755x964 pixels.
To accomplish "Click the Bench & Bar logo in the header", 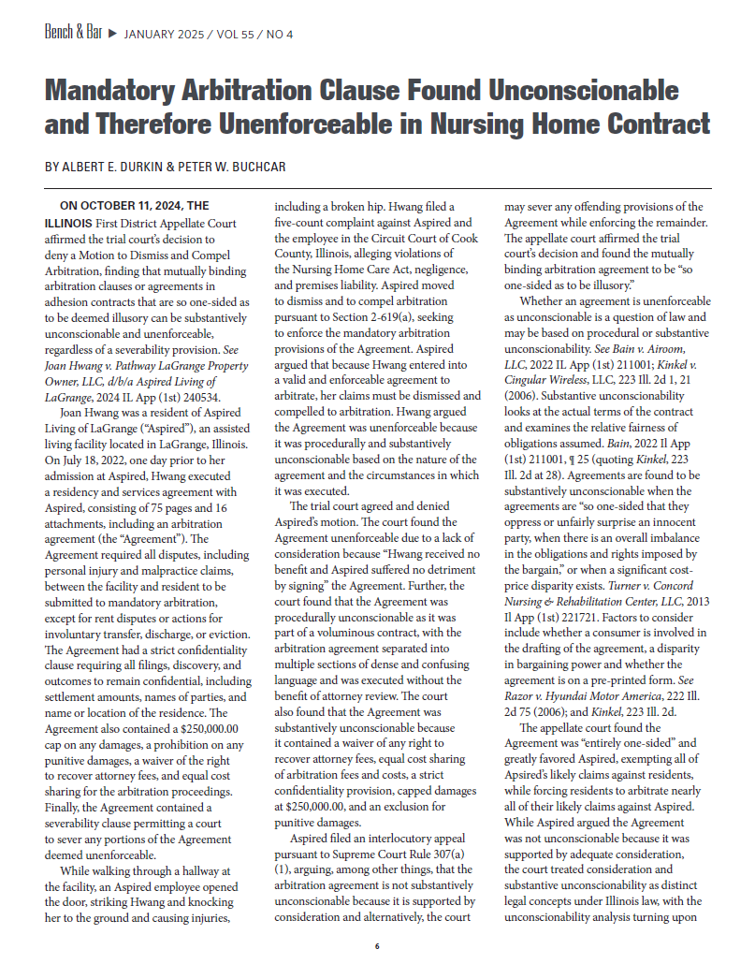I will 72,35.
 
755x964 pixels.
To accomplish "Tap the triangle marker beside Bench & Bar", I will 112,36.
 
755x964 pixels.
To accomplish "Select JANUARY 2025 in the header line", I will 163,36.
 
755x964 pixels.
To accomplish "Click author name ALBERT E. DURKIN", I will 113,168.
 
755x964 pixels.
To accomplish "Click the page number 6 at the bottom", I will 377,946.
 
